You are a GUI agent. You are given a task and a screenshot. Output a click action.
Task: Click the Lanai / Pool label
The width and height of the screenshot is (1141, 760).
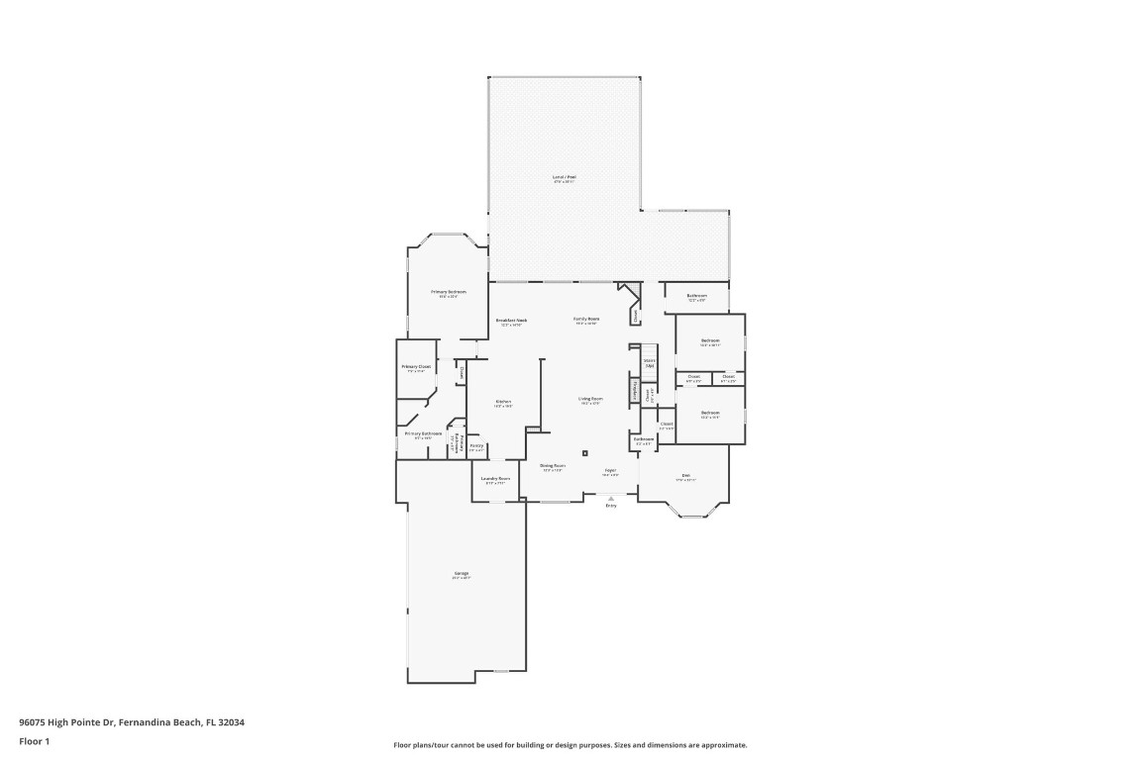click(x=564, y=177)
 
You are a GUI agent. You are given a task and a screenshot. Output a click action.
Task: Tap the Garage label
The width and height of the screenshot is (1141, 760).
click(x=462, y=574)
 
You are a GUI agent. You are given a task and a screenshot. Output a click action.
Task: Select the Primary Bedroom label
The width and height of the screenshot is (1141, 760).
click(x=448, y=292)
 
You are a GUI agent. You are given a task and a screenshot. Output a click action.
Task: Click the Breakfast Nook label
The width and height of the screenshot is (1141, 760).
click(x=511, y=320)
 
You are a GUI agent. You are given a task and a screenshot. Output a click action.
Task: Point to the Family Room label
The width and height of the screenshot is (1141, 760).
click(x=586, y=319)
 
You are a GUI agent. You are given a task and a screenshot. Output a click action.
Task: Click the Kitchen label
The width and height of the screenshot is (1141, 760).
click(x=503, y=401)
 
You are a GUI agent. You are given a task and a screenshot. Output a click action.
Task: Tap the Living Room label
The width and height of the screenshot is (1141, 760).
click(x=591, y=399)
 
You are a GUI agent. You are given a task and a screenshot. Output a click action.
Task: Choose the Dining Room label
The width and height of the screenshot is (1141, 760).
click(x=553, y=465)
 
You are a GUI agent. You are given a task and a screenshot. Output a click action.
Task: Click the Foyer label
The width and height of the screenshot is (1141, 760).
click(x=610, y=470)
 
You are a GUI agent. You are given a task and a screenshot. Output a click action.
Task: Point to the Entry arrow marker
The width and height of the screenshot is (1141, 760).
click(x=610, y=498)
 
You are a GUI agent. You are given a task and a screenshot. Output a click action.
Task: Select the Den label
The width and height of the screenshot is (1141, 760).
click(x=684, y=476)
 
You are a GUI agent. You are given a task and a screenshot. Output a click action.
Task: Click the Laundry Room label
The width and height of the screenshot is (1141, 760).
click(x=494, y=479)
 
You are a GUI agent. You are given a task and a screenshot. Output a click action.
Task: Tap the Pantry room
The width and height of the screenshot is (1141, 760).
click(x=476, y=446)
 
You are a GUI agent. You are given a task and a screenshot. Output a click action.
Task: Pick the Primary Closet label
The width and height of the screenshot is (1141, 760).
click(x=416, y=367)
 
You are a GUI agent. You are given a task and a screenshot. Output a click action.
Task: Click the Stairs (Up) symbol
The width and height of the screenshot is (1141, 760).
click(x=649, y=362)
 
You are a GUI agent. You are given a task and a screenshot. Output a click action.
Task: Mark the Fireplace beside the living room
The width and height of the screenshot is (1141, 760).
click(x=634, y=392)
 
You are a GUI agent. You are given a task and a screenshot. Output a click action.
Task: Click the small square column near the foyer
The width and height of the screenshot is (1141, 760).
click(x=585, y=453)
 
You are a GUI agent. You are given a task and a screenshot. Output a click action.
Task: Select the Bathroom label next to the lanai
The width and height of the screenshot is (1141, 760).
click(x=696, y=296)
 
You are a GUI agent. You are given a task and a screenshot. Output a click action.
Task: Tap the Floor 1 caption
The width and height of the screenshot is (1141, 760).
click(x=34, y=741)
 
